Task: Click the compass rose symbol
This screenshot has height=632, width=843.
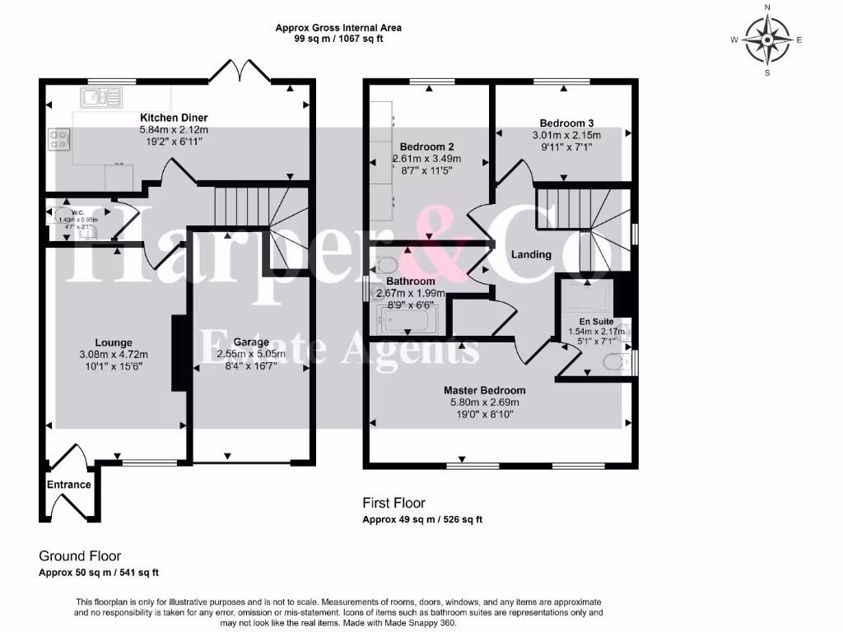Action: click(x=767, y=39)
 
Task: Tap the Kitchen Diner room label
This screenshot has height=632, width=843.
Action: click(x=174, y=118)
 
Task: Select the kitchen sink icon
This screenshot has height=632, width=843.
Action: click(x=100, y=98)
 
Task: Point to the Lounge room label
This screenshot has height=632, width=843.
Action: click(x=113, y=342)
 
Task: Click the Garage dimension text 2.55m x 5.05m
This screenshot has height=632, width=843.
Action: click(x=251, y=355)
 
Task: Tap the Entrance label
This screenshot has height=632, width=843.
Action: click(x=68, y=485)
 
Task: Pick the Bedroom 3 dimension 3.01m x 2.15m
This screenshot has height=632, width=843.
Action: click(x=564, y=136)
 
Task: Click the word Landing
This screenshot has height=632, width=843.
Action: click(x=531, y=254)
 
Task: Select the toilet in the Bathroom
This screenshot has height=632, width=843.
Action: click(x=386, y=265)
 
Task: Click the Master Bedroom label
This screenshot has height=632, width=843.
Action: click(x=484, y=390)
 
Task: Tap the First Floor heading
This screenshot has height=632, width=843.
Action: click(x=394, y=503)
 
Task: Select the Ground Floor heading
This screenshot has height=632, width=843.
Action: click(x=80, y=556)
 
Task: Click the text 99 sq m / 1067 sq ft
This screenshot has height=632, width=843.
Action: click(x=338, y=39)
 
